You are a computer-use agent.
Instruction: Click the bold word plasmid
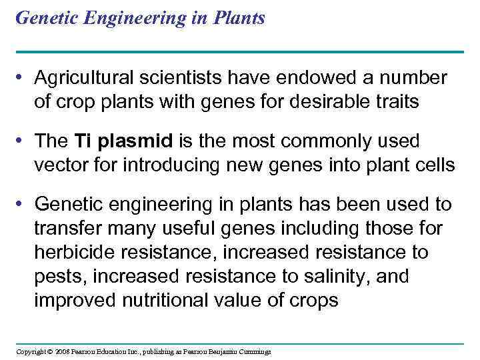click(139, 141)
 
